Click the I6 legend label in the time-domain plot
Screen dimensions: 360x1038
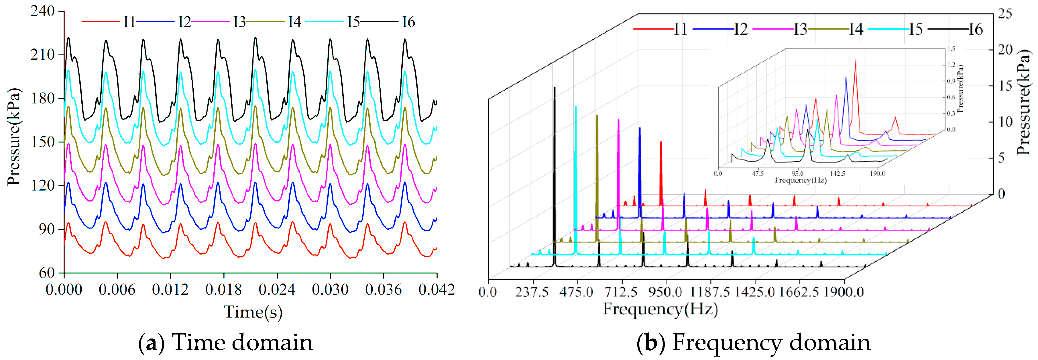408,22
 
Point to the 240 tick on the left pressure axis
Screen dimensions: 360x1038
43,11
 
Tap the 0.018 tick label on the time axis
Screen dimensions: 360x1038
224,289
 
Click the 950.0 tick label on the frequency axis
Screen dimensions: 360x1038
666,291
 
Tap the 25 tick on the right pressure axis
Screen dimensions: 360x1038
1005,14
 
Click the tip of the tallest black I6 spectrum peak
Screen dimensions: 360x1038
555,87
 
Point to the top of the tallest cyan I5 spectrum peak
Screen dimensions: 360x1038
576,107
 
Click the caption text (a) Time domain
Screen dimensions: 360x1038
226,343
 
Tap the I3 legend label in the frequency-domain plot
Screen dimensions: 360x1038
800,30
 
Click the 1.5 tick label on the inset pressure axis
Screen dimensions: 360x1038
951,49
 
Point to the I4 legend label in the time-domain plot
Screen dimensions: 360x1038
294,22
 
